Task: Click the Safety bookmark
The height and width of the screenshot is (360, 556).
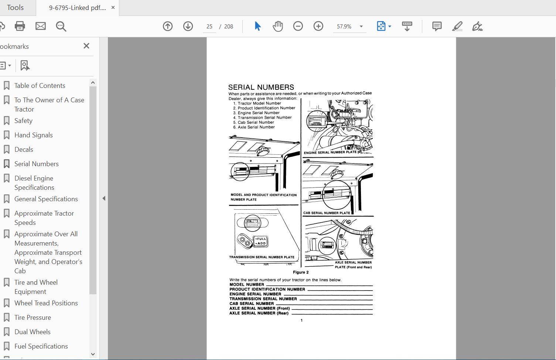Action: coord(23,121)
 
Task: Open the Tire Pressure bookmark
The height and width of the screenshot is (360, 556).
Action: coord(33,318)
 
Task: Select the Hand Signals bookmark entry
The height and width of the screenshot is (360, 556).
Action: coord(33,135)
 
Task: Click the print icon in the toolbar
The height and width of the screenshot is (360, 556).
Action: coord(20,26)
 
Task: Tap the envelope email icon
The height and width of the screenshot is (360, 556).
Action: coord(41,26)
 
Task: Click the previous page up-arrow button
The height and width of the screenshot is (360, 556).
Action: coord(168,26)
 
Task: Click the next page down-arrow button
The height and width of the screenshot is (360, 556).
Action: coord(188,26)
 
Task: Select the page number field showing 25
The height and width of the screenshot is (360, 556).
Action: coord(209,27)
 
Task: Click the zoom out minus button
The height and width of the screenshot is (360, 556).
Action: coord(298,26)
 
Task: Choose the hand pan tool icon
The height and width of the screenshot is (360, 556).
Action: coord(278,26)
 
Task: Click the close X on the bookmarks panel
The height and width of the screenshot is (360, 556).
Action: coord(86,46)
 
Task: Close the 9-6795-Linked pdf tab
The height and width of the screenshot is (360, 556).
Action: coord(113,7)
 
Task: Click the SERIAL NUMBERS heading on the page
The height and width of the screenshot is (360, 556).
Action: coord(261,87)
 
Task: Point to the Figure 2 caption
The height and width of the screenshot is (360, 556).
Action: coord(301,272)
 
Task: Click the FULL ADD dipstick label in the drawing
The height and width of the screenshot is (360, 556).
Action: coord(261,241)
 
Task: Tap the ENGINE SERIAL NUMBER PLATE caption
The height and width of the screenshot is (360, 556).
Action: coord(330,152)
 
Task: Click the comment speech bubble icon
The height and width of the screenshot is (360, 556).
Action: coord(437,26)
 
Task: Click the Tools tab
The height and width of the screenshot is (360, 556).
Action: coord(15,7)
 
